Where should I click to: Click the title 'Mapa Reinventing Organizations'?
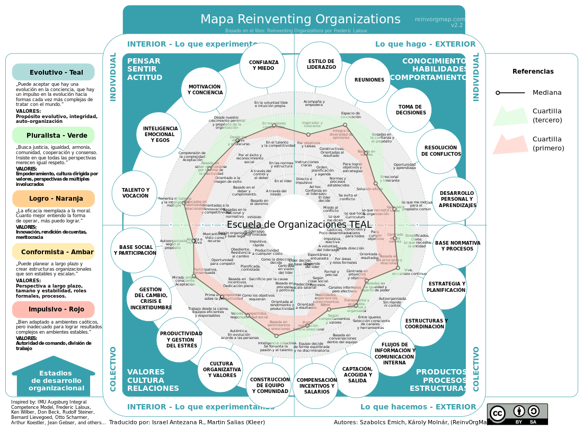point(300,20)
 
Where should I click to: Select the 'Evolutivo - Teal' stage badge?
point(53,72)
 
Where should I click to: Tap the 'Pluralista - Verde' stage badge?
point(53,135)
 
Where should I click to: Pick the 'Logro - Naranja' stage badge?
point(53,199)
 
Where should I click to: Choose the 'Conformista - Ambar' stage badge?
point(53,252)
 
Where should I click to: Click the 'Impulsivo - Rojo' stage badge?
point(53,309)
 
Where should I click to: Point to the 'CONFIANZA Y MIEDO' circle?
point(263,65)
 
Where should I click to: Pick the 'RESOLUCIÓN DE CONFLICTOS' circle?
point(439,151)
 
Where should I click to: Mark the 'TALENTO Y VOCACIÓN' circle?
point(135,193)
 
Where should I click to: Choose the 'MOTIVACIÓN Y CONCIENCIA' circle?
point(204,90)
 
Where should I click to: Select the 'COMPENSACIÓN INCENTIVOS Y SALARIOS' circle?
point(316,386)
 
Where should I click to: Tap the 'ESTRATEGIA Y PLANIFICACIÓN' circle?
point(445,287)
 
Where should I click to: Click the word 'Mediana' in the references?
point(547,93)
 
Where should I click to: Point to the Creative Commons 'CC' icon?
point(498,413)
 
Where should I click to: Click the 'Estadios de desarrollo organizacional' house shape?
point(53,380)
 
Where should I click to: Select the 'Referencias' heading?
point(533,71)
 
